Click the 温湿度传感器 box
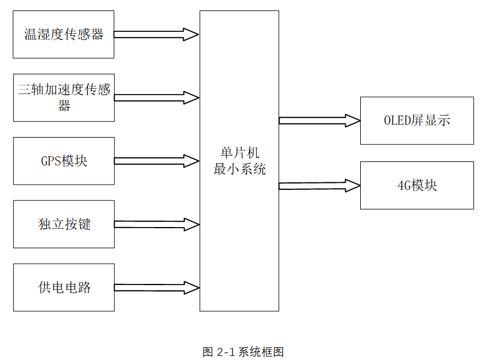pos(63,34)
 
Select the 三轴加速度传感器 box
pos(64,98)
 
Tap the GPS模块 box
pos(64,161)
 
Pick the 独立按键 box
pos(64,224)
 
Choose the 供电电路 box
pos(64,287)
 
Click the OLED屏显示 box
pos(416,121)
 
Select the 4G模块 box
pos(416,185)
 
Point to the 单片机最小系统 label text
pos(239,161)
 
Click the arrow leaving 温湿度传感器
pos(156,34)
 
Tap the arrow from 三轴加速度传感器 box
pos(156,98)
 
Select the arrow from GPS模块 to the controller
pos(156,161)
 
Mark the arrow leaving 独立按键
pos(156,224)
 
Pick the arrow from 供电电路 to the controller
pos(156,287)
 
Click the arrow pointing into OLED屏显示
pos(319,121)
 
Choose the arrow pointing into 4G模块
pos(319,186)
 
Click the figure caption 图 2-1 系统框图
pos(243,352)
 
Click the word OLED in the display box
pos(397,121)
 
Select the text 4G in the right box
pos(404,185)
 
